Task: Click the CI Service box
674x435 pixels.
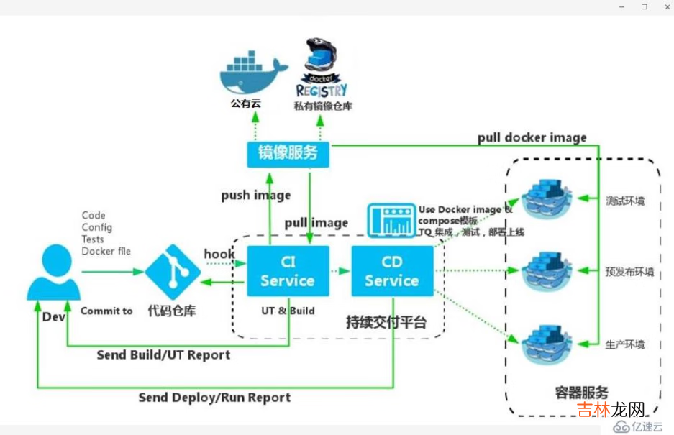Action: click(288, 271)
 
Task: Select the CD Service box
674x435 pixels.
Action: click(392, 271)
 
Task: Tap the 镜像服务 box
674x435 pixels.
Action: click(288, 153)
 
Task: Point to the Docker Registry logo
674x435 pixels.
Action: click(322, 68)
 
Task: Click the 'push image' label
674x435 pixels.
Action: click(255, 195)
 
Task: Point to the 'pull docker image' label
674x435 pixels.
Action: click(532, 137)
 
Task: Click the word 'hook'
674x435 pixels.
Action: click(219, 254)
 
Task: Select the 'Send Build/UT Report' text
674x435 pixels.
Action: click(163, 355)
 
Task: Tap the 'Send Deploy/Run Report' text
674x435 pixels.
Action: click(214, 397)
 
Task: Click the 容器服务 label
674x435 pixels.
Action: click(581, 393)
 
